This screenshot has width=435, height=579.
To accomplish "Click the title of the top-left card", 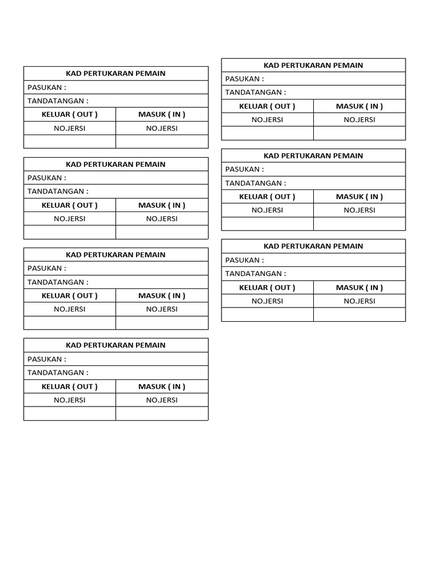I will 116,74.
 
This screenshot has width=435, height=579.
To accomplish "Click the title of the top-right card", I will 313,65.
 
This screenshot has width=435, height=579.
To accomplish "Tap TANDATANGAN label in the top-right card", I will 255,92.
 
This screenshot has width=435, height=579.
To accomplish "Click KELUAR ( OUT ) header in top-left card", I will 70,114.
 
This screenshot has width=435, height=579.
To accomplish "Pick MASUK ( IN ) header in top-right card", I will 359,106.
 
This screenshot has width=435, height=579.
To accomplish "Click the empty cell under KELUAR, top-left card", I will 70,141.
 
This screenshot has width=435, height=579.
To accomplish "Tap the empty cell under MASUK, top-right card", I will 359,133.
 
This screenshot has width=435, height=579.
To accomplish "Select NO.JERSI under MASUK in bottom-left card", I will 162,400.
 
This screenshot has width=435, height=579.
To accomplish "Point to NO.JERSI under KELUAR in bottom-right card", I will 267,301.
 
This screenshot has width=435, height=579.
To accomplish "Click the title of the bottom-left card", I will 116,345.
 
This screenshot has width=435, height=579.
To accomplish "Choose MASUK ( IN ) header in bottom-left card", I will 162,386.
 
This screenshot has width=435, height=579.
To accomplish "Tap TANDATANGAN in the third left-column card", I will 58,282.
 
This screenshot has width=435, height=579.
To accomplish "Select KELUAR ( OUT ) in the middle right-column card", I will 267,196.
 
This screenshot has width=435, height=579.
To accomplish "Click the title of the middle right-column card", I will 313,155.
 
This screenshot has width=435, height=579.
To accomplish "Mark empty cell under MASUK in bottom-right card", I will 359,314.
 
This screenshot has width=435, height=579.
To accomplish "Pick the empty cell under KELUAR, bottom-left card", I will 70,413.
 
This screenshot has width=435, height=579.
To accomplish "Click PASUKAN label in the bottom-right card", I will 245,260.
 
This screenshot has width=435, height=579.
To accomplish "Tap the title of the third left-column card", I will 116,254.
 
